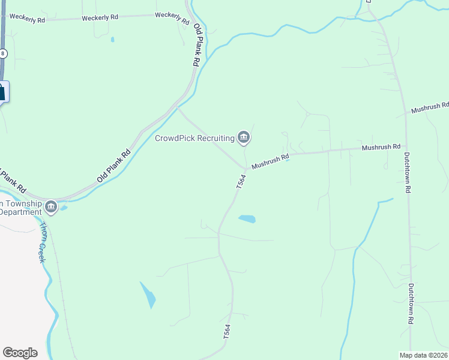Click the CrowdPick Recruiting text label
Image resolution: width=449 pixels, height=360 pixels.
click(194, 138)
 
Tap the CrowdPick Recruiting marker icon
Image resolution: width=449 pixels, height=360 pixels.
click(244, 138)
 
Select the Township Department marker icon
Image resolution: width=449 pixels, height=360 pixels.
click(51, 207)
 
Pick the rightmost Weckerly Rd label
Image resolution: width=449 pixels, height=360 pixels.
click(172, 15)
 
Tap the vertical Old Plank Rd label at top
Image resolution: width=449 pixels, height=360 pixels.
click(196, 45)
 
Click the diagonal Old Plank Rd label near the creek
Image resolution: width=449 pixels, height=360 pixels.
click(113, 166)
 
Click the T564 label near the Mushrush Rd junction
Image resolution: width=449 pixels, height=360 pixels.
click(241, 181)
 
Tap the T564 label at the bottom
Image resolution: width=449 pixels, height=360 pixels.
click(226, 332)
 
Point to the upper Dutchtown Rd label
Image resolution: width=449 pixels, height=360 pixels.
click(406, 172)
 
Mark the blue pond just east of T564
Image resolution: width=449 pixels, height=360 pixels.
click(247, 219)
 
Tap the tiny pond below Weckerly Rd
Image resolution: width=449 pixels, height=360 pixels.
click(112, 40)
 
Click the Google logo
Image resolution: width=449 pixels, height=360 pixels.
click(20, 353)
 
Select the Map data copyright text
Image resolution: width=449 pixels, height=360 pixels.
click(424, 355)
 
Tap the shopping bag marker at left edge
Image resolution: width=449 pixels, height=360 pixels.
click(2, 92)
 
